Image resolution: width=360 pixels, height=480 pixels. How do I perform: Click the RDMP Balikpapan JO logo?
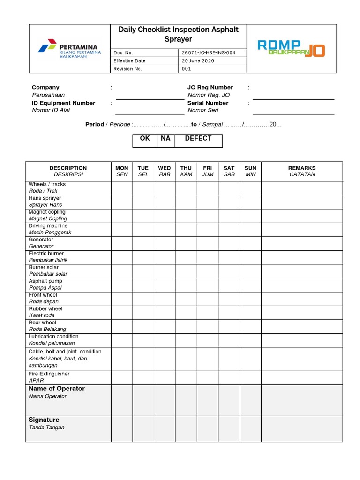click(291, 48)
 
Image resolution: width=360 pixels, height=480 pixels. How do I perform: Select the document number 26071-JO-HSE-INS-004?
click(208, 52)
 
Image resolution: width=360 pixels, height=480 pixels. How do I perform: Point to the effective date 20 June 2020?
click(199, 61)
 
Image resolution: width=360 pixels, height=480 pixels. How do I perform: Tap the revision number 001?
click(187, 69)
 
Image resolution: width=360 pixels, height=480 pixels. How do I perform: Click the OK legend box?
click(145, 139)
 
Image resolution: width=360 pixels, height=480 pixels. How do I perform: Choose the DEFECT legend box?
click(198, 139)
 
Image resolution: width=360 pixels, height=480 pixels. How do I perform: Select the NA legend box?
click(165, 139)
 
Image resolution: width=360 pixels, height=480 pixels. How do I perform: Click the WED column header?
click(165, 171)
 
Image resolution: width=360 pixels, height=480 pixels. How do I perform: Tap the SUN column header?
click(251, 171)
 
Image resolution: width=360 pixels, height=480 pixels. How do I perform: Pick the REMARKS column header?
click(302, 171)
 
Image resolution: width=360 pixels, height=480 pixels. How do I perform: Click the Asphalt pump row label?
click(45, 285)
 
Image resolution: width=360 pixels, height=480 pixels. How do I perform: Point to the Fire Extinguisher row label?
click(49, 377)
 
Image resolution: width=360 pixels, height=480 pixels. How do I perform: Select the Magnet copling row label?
click(48, 215)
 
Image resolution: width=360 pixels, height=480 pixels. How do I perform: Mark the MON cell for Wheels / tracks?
click(122, 188)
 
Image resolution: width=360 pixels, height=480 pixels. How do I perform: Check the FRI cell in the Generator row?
click(208, 243)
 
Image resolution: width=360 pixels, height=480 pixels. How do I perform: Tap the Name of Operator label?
click(57, 389)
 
